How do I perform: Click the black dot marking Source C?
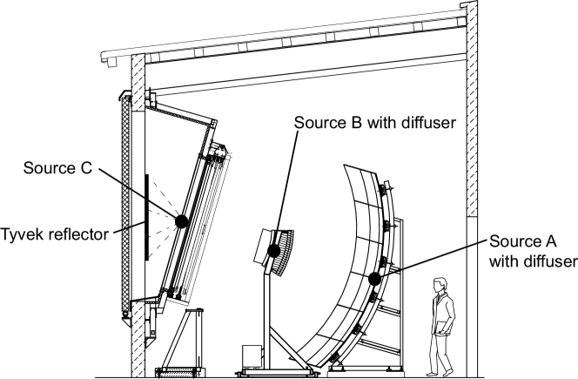182,221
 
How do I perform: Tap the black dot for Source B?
274,251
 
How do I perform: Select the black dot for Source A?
374,280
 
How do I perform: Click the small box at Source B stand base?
252,356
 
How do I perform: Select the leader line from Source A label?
429,259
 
